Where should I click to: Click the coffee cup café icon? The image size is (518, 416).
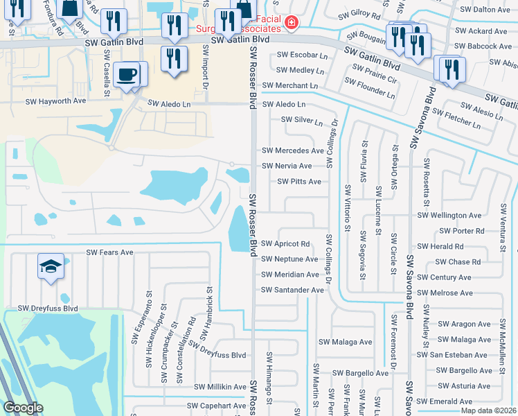pos(126,73)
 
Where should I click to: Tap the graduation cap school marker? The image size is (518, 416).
pos(51,268)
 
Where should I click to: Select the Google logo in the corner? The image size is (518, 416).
pos(23,408)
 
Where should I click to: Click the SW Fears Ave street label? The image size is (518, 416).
pos(109,253)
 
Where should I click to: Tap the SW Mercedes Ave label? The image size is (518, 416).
pos(292,150)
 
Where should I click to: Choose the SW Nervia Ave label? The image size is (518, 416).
pos(287,166)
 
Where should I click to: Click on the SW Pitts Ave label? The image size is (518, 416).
pos(298,182)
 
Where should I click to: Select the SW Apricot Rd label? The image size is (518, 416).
pos(285,244)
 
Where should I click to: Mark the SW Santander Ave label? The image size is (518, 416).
pos(292,290)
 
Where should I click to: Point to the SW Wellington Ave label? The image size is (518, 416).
pos(449,216)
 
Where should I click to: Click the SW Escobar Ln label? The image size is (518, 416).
pos(302,55)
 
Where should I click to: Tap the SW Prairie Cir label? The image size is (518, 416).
pos(374,74)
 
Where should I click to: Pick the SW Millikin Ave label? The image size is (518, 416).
pos(220,387)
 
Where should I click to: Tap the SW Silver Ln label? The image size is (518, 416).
pos(301,121)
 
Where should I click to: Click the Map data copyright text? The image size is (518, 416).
pos(488,410)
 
